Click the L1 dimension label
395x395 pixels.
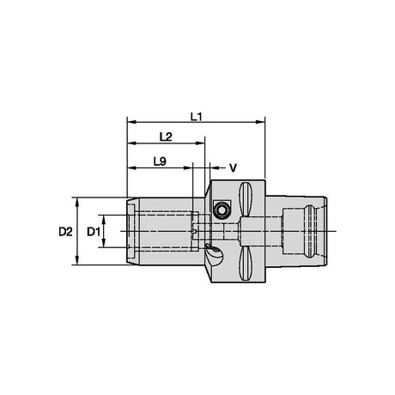[x=197, y=117]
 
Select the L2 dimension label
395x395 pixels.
[x=166, y=137]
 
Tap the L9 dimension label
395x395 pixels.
[x=160, y=161]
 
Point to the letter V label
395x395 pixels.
[x=234, y=168]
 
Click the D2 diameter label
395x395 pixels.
[x=65, y=232]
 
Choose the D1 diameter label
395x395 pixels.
[x=94, y=232]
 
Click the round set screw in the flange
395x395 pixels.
[x=222, y=210]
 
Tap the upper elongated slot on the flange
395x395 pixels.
[x=246, y=199]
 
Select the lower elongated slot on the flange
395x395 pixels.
[x=246, y=264]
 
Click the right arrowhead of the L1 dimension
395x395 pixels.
[x=260, y=122]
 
